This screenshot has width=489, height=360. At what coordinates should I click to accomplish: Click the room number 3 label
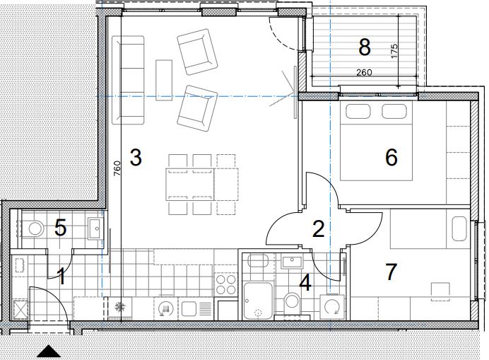136,157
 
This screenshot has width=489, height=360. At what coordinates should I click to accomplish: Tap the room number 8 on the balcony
365,47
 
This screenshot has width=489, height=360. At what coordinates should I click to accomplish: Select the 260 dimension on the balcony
364,72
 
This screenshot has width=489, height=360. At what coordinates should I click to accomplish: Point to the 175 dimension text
394,51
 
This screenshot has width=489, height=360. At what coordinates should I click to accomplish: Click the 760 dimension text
117,168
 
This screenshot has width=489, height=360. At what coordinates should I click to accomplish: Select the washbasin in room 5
95,228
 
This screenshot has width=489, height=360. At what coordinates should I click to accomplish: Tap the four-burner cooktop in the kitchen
226,284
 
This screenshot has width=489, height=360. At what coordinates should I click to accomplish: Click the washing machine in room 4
332,307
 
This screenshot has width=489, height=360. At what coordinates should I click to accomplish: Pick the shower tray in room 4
258,301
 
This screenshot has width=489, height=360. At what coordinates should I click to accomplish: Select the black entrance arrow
49,352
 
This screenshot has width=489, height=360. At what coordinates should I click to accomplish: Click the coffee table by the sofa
164,80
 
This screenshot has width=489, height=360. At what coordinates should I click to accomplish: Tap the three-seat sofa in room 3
128,80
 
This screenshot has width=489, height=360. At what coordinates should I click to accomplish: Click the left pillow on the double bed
358,112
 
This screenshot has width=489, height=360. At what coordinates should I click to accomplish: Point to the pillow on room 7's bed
459,229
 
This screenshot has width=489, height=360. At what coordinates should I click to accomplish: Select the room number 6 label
391,157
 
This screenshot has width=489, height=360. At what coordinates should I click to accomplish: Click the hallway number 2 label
319,228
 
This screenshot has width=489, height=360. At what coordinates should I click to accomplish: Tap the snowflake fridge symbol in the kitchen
119,307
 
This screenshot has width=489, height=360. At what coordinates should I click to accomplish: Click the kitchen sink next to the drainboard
189,308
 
